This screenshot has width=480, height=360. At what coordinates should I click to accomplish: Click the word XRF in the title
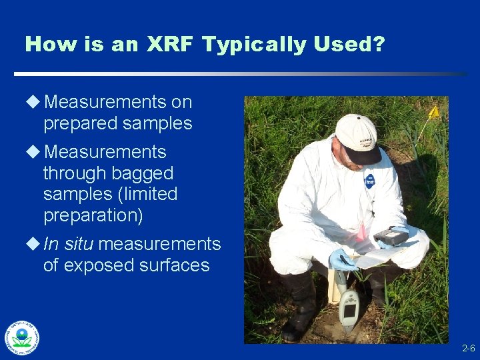169,45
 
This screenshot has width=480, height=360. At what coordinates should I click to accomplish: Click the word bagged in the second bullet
141,173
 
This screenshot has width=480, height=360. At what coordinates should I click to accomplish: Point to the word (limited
147,195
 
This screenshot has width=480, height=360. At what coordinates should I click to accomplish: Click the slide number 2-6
468,349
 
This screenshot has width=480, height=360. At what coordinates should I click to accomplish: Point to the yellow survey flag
434,112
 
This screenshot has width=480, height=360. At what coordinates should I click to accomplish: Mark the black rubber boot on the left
299,306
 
